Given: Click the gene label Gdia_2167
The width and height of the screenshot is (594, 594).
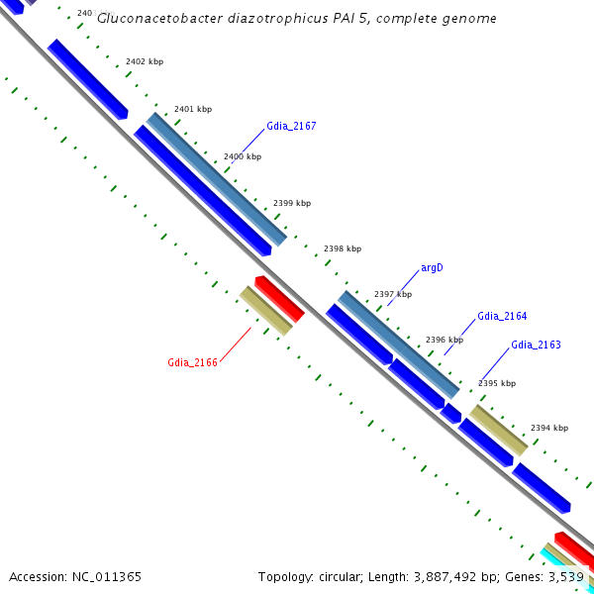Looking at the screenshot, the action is tap(291, 127).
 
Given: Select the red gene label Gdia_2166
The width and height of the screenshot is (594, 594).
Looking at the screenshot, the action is tap(192, 362).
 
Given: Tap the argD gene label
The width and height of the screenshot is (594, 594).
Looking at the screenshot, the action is tap(432, 268).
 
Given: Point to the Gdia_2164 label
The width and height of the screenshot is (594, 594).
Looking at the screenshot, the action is tap(502, 316).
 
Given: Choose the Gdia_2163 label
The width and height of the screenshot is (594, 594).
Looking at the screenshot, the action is tap(536, 345).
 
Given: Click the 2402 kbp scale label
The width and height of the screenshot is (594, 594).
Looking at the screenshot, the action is tap(145, 61).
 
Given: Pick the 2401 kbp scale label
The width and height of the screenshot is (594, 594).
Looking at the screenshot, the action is tap(192, 109).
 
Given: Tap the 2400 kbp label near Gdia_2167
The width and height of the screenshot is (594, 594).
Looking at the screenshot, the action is tap(243, 156).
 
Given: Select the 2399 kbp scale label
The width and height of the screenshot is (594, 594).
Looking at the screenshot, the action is tap(292, 203).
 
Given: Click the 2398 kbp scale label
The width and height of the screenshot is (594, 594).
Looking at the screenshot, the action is tap(343, 248).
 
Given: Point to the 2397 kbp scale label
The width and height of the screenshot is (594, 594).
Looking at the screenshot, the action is tap(392, 294).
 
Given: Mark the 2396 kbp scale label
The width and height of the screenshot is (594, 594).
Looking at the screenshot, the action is tap(444, 340).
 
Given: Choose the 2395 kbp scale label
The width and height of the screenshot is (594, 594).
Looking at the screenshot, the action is tap(497, 383).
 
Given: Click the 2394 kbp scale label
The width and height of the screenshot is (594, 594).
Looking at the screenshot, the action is tap(549, 428).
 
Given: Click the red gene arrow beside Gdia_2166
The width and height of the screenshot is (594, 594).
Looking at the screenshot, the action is tap(279, 299).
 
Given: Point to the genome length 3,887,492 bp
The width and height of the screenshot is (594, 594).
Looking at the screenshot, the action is tap(442, 576).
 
